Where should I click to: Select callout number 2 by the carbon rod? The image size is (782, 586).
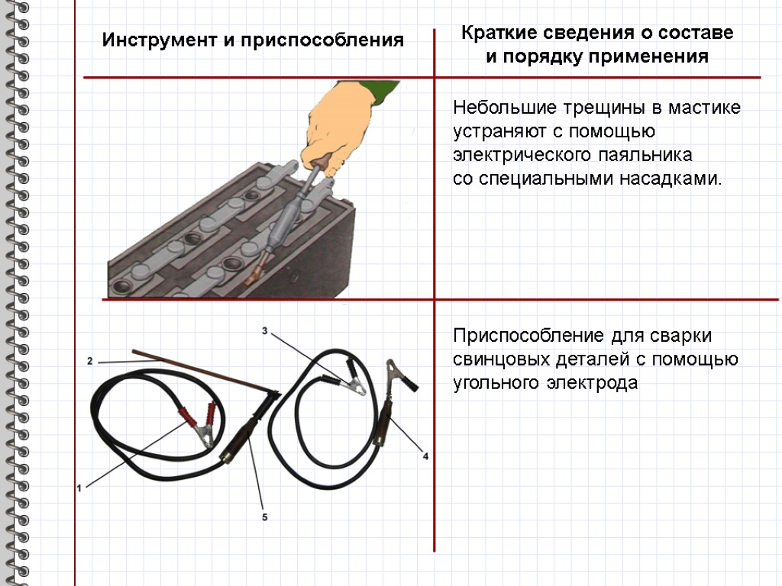[x=89, y=360]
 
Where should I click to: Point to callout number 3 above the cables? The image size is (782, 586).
[x=264, y=331]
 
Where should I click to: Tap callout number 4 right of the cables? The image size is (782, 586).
[x=425, y=456]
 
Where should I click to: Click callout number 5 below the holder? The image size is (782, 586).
[x=265, y=517]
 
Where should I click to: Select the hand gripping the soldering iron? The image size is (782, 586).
[x=340, y=122]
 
